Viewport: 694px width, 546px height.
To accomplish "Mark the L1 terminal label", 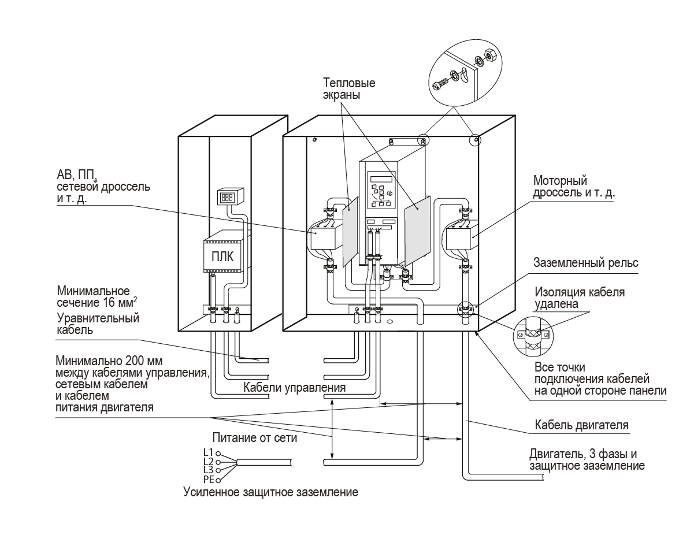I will point(209,451).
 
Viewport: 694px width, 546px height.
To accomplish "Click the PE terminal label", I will point(209,480).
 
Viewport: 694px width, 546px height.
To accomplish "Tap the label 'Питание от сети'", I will point(255,438).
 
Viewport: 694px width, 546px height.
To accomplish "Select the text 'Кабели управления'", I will point(295,388).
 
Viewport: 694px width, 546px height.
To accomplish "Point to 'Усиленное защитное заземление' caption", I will point(270,493).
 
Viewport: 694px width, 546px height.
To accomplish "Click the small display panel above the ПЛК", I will point(228,196).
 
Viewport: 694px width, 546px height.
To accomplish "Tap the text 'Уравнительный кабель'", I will point(98,325).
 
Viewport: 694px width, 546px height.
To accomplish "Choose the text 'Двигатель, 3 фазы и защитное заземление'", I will point(587,459).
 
